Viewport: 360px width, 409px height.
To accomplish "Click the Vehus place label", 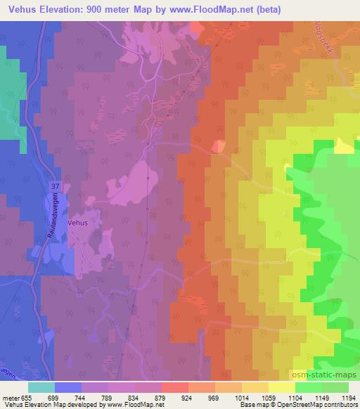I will coord(78,221).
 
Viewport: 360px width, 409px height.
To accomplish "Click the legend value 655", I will coord(26,397).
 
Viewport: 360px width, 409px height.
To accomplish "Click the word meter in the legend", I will coord(10,397).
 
